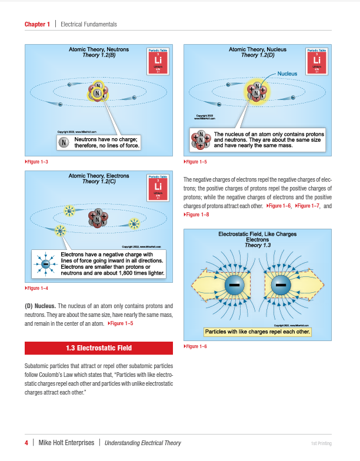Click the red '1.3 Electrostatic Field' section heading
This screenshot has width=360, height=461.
[99, 348]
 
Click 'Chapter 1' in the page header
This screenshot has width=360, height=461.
[37, 24]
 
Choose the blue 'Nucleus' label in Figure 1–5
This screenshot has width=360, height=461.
[288, 74]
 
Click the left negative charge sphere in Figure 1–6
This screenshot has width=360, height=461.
[234, 285]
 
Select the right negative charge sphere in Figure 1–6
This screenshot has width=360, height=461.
[281, 285]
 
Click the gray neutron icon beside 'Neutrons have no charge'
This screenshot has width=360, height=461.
[64, 142]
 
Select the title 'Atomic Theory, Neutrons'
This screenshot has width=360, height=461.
[99, 49]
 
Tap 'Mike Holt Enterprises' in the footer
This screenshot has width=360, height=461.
[66, 443]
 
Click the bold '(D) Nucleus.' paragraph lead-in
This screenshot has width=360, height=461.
[41, 306]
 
